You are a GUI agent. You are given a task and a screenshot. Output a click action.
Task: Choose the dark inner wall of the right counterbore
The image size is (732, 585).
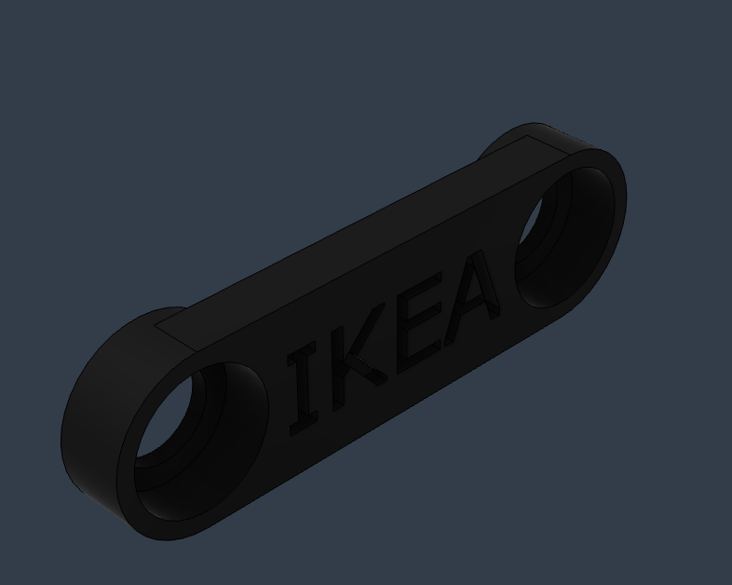587,233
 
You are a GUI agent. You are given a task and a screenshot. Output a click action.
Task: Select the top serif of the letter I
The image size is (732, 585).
301,353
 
